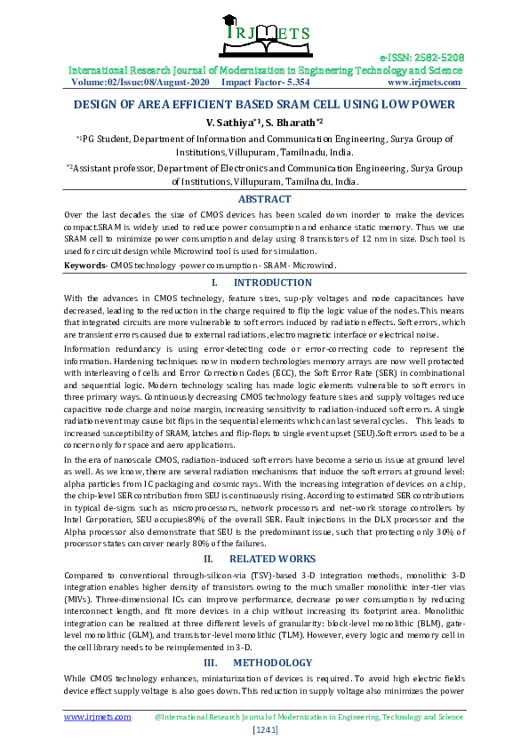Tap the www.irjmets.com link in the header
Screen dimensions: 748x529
(x=425, y=82)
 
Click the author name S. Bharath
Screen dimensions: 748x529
(x=292, y=122)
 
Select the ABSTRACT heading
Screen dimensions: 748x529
(x=264, y=200)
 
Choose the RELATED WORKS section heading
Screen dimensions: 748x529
(x=271, y=560)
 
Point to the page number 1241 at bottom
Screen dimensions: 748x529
(x=265, y=729)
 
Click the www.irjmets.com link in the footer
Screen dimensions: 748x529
(x=97, y=716)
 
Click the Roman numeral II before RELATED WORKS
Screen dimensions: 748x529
(x=208, y=560)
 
